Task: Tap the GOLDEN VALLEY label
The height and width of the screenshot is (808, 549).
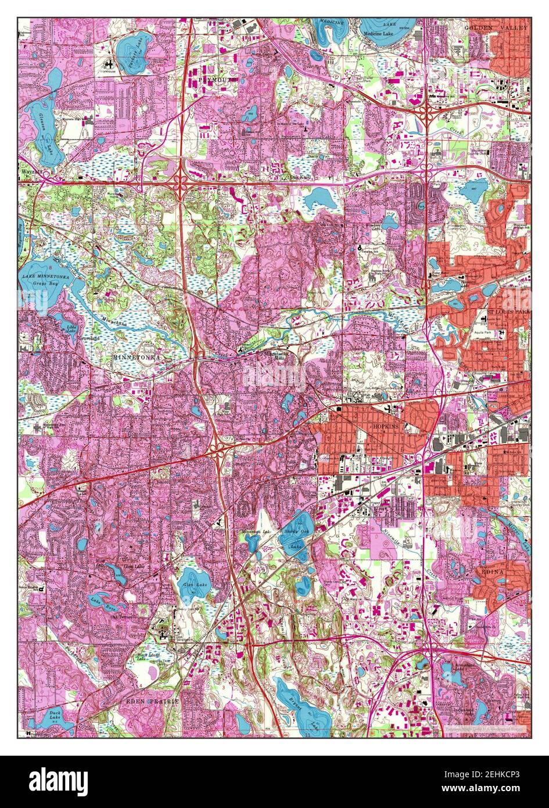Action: click(x=496, y=27)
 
